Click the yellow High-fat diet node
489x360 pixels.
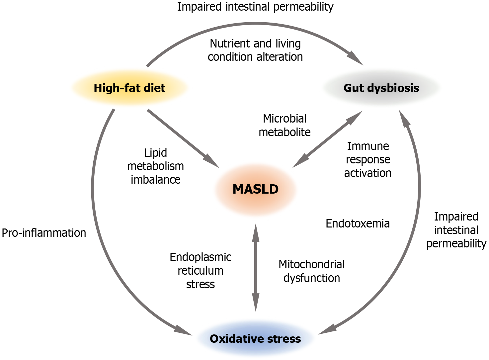129,88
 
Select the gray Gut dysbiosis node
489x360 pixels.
381,88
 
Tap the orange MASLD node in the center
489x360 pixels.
255,189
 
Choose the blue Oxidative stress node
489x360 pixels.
255,339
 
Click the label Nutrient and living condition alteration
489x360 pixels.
255,50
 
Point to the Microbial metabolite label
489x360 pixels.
285,126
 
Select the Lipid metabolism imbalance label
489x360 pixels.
155,166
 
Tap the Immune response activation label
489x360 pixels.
368,159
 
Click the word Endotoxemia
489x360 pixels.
358,224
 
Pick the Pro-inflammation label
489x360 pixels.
44,233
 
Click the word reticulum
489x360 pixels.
201,271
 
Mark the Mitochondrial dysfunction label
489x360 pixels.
311,271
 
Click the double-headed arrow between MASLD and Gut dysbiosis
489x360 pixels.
327,139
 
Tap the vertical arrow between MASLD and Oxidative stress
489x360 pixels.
256,267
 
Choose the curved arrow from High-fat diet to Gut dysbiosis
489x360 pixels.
256,23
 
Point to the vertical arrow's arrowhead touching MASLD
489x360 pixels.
256,231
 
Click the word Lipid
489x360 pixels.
155,153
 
